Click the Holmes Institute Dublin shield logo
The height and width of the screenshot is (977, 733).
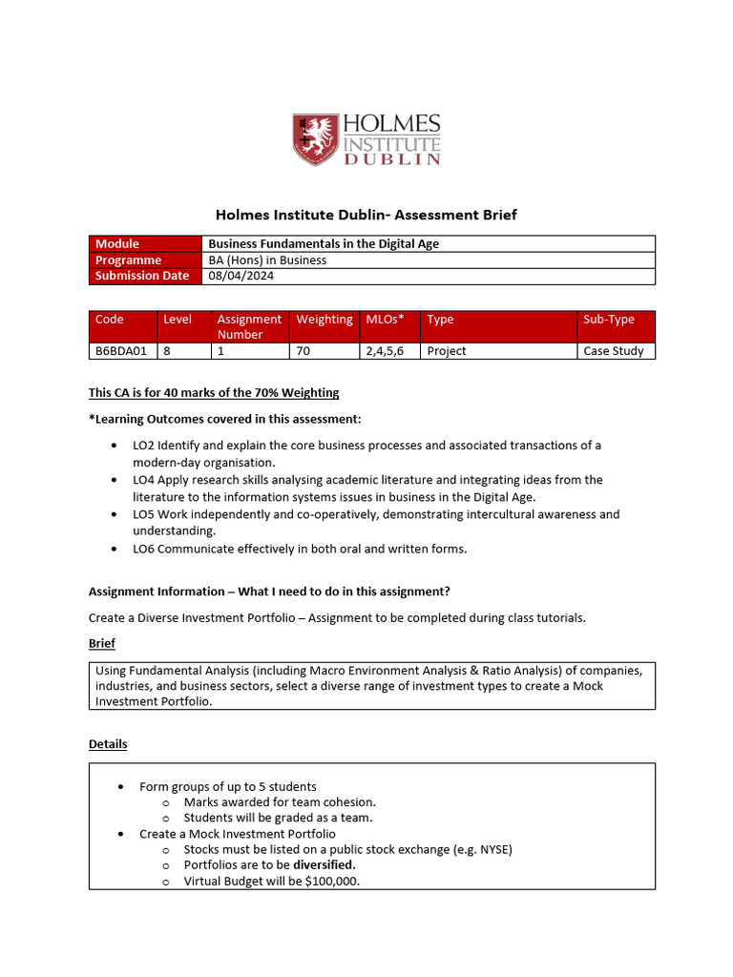point(314,139)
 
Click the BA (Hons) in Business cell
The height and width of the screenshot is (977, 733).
point(267,260)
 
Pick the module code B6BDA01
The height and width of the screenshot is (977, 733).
point(121,350)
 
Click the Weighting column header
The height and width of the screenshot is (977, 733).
point(324,320)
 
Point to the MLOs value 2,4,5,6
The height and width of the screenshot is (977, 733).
point(385,350)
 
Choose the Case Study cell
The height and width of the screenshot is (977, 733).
point(613,350)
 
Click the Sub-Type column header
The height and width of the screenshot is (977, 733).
point(608,320)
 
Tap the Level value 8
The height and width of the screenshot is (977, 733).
point(167,350)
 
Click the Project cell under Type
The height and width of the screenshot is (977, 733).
point(447,350)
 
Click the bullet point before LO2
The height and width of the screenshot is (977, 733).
point(115,446)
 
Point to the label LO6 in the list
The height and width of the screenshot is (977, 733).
point(143,549)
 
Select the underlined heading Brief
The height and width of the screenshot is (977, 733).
point(102,644)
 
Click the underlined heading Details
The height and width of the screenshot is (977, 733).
point(107,743)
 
